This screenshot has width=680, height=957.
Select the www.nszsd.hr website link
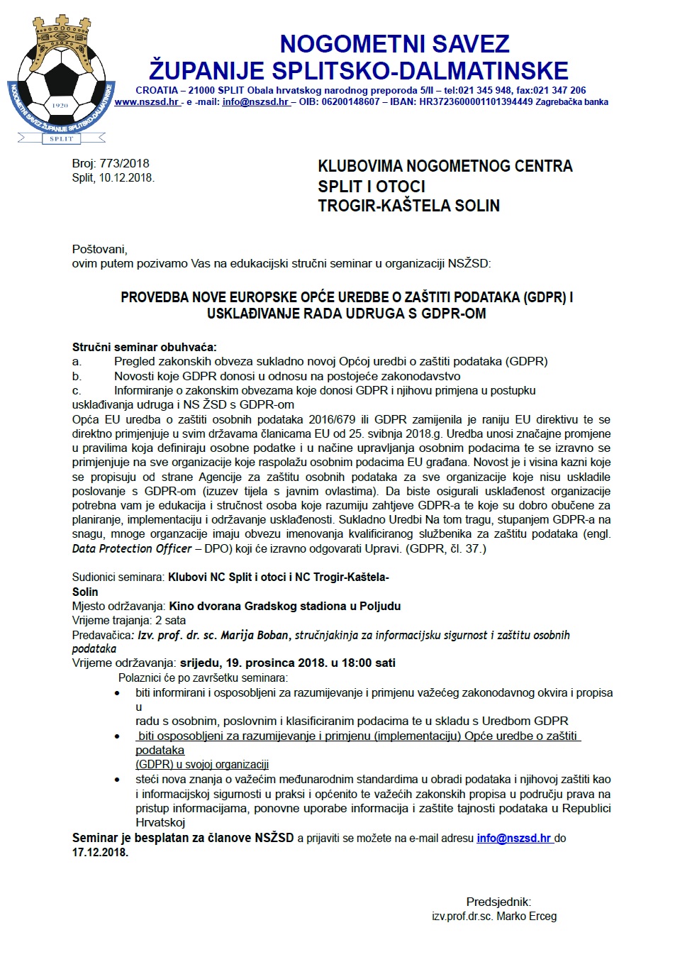pyautogui.click(x=147, y=102)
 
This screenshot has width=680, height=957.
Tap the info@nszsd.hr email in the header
pyautogui.click(x=255, y=102)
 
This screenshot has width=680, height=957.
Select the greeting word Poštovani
pyautogui.click(x=99, y=249)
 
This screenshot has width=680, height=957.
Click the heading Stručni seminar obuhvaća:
pyautogui.click(x=145, y=347)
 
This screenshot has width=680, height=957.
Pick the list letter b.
pyautogui.click(x=77, y=376)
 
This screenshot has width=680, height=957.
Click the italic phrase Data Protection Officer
pyautogui.click(x=132, y=548)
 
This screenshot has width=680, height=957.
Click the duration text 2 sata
pyautogui.click(x=171, y=620)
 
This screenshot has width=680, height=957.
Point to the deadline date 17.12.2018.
pyautogui.click(x=100, y=852)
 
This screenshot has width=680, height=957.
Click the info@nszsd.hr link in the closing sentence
pyautogui.click(x=513, y=838)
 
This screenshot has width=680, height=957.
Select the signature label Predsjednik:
pyautogui.click(x=498, y=902)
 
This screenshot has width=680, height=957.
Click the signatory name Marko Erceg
pyautogui.click(x=527, y=916)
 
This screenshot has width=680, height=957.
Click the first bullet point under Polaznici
pyautogui.click(x=118, y=693)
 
